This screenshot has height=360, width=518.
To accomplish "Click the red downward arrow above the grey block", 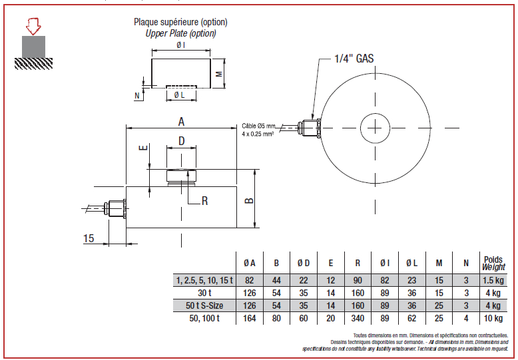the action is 33,27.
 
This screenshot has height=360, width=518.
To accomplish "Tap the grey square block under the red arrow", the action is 33,47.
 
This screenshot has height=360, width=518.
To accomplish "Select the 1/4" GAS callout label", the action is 354,59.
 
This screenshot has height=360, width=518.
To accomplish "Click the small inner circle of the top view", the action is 376,128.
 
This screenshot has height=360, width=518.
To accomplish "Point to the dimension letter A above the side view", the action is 181,122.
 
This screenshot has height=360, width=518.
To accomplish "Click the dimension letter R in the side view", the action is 205,200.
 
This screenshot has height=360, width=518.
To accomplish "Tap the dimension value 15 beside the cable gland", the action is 89,238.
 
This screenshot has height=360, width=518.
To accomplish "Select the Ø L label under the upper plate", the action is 179,95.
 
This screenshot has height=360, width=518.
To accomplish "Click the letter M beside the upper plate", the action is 219,74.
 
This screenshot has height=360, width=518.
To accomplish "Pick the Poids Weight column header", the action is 493,264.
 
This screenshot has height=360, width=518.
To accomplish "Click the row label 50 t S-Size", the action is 204,305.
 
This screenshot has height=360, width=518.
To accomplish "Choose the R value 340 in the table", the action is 358,318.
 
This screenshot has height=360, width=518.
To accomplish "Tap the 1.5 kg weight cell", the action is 493,280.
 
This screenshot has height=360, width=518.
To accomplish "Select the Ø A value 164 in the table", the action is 250,318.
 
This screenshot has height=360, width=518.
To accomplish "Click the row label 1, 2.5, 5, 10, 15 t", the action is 204,280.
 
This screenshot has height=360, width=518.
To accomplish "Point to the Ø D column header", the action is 303,264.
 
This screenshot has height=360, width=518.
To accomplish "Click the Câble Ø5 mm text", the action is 258,126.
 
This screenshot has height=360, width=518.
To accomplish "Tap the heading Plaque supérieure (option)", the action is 180,22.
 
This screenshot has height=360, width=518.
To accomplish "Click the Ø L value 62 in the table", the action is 411,318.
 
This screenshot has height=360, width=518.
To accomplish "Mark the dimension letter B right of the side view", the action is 249,200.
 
